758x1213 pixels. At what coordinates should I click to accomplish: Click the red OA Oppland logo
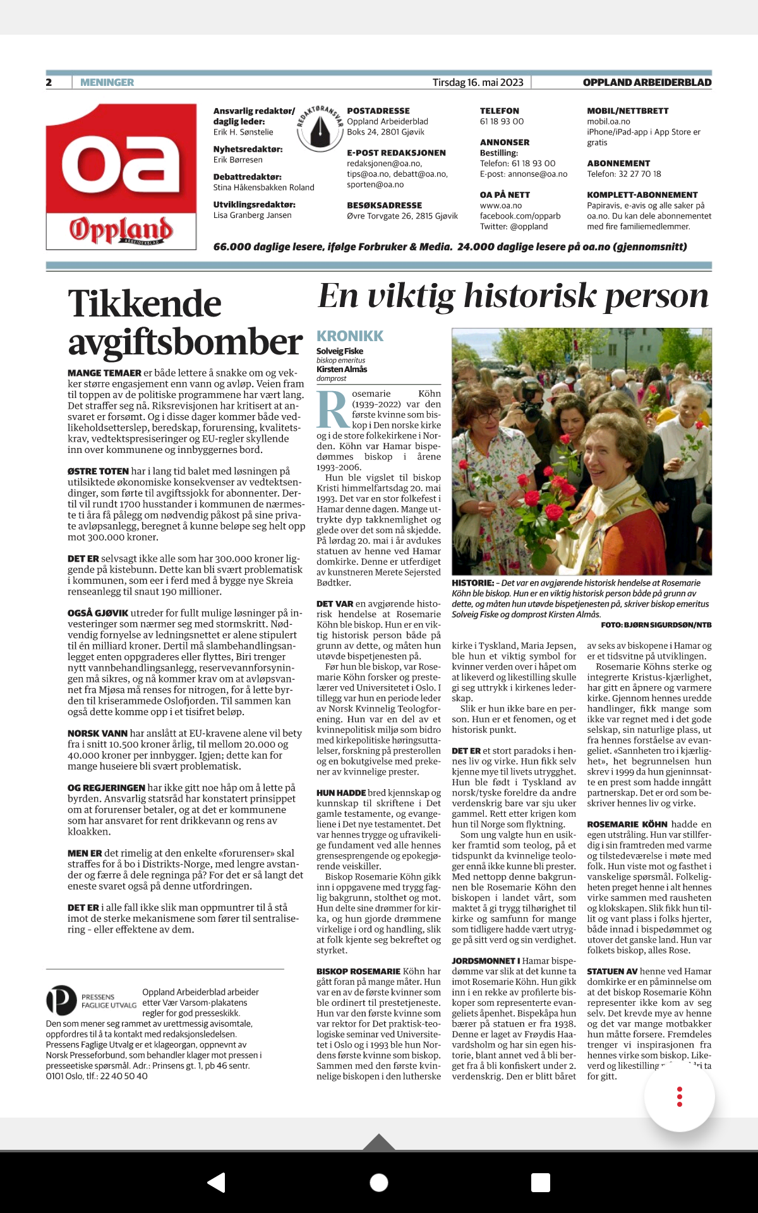(x=121, y=176)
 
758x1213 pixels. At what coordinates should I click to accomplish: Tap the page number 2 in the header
(x=49, y=82)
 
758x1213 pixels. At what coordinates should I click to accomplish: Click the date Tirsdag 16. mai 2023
(x=478, y=82)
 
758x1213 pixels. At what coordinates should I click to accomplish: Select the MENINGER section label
(x=107, y=82)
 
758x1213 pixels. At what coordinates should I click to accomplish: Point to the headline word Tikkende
(x=145, y=304)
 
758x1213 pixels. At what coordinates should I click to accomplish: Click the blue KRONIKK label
(x=350, y=336)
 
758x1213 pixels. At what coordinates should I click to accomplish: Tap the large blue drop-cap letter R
(x=332, y=409)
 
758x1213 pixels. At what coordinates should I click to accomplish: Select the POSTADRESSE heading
(x=378, y=111)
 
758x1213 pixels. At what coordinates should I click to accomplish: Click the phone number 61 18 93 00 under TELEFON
(x=502, y=121)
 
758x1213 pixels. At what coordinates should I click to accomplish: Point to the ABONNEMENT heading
(x=618, y=163)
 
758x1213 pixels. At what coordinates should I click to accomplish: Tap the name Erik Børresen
(x=238, y=160)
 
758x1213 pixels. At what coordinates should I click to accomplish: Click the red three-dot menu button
(x=679, y=1096)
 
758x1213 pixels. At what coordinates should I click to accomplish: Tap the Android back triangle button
(x=217, y=1182)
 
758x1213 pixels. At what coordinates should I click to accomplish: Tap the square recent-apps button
(x=541, y=1182)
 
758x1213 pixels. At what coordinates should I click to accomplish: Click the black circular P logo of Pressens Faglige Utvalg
(x=61, y=1000)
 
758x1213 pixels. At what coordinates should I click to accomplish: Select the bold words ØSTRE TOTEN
(x=98, y=471)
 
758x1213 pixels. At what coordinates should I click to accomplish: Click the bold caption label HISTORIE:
(x=472, y=583)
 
